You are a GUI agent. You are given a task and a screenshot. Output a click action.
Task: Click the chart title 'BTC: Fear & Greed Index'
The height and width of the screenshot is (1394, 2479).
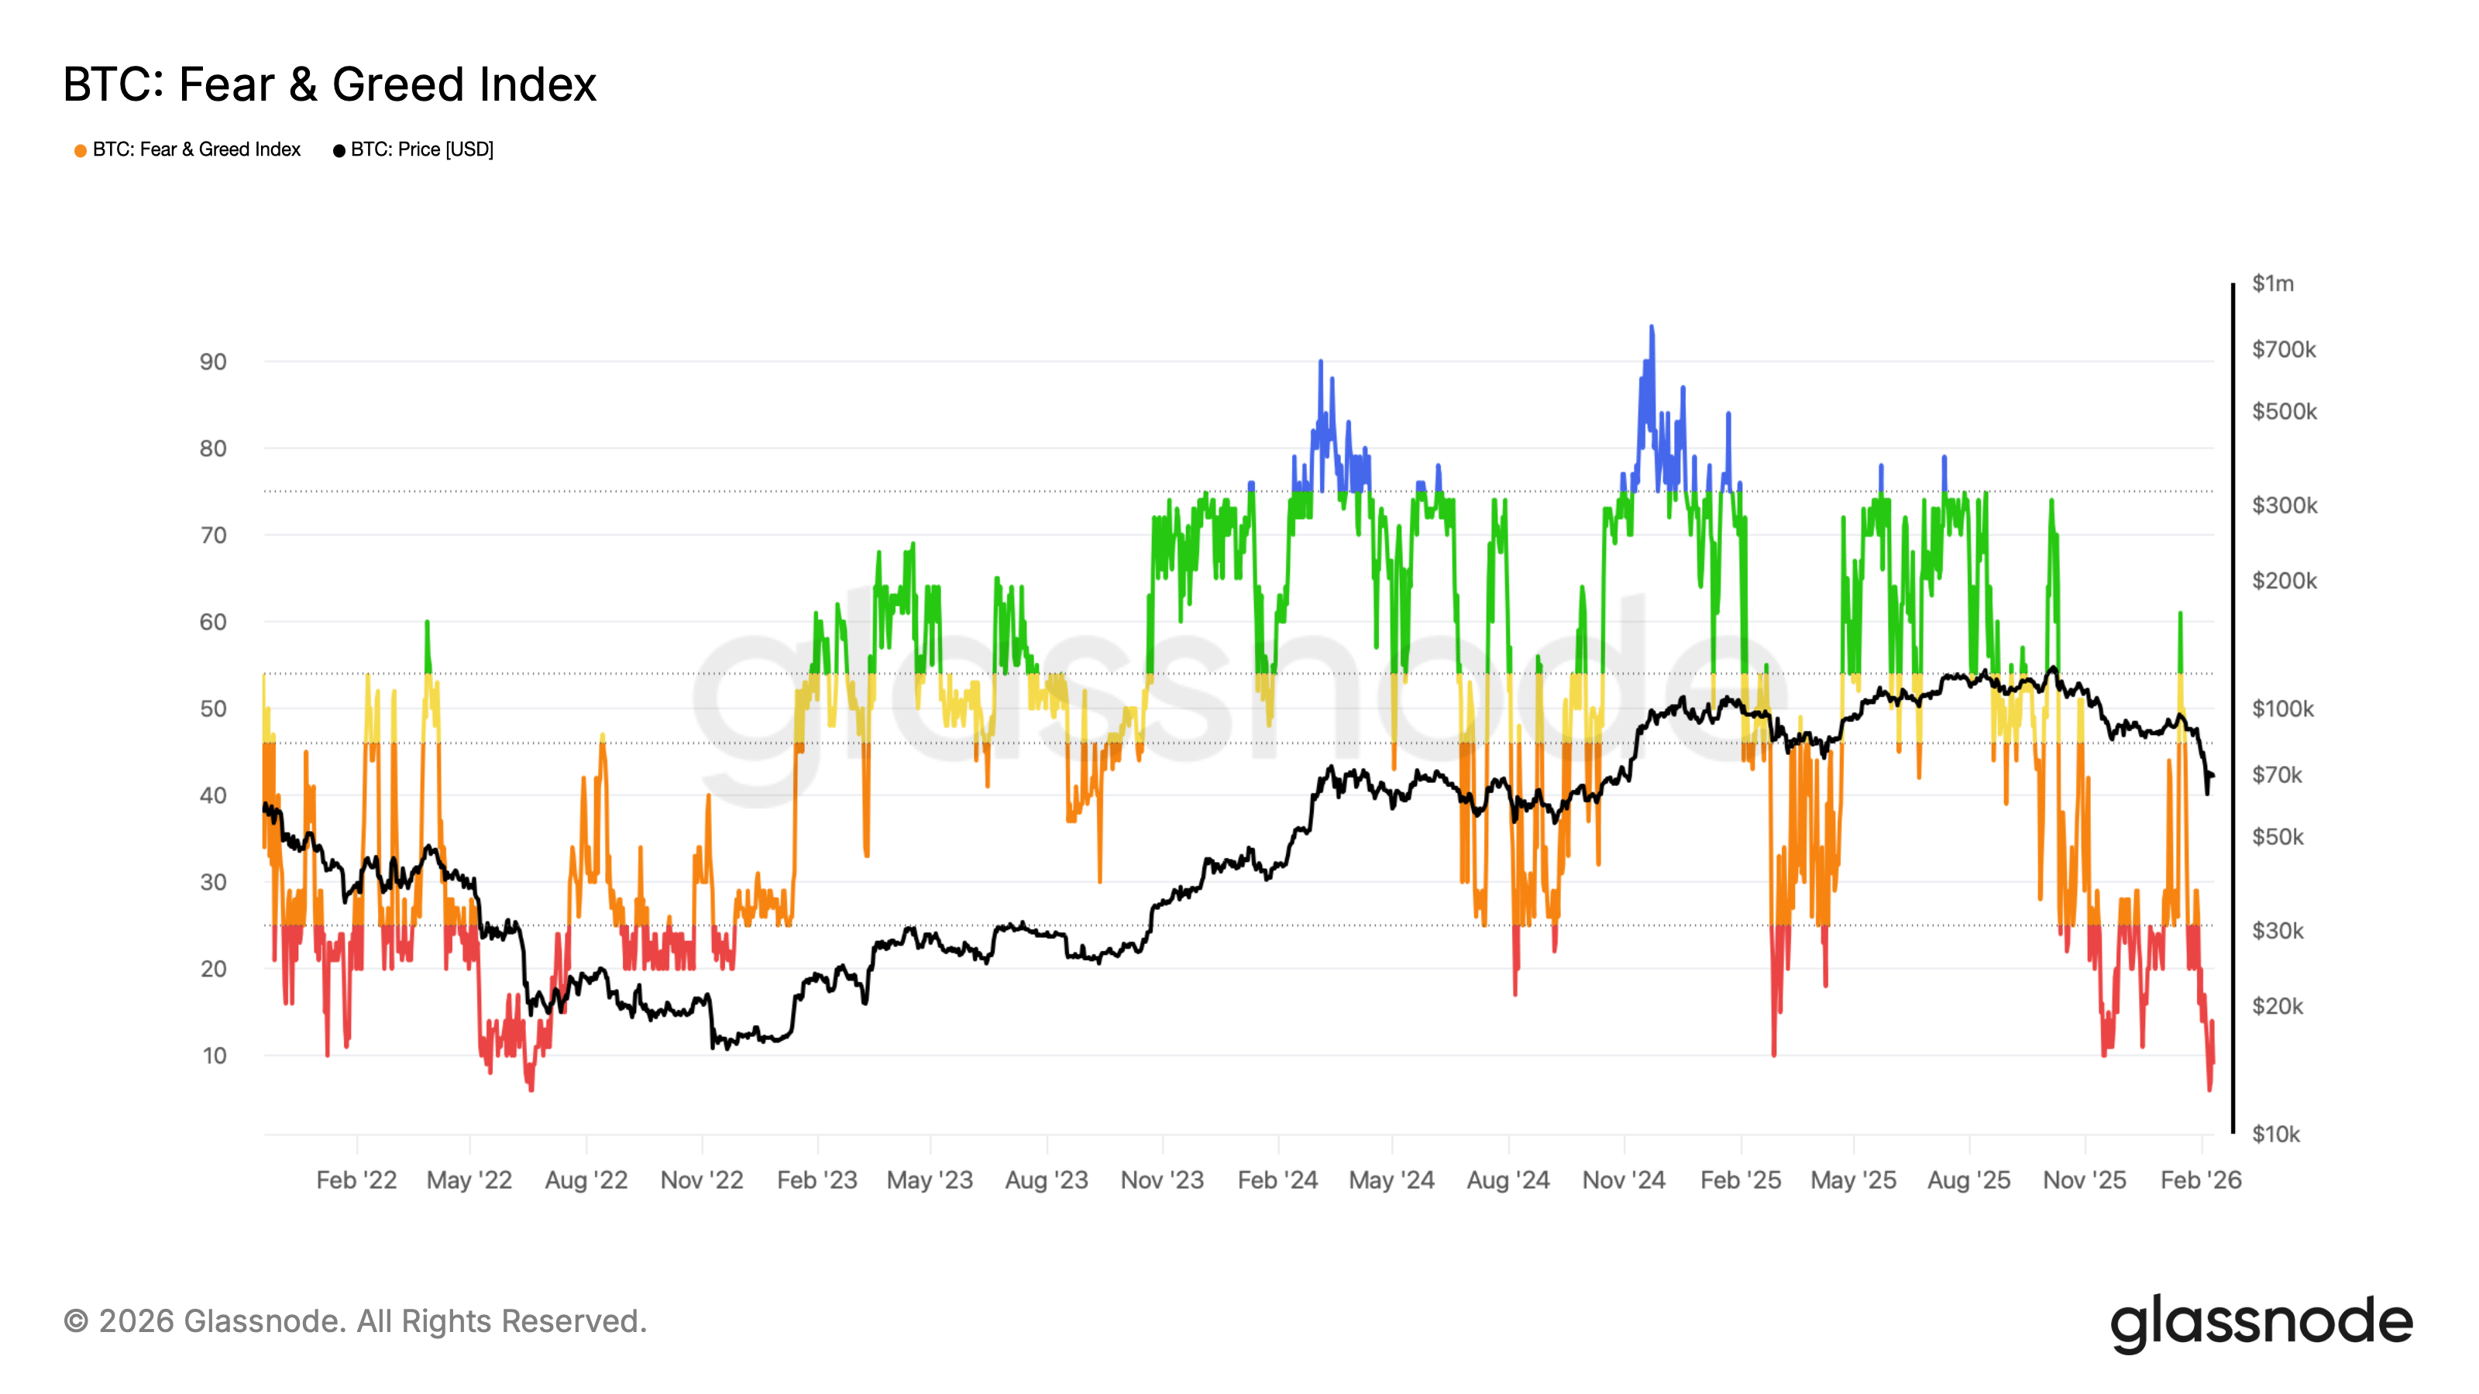point(329,84)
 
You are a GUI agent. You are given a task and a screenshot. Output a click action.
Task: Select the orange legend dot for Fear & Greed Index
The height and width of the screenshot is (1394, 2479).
point(81,150)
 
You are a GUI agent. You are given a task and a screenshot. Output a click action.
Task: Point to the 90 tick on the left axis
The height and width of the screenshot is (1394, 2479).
point(213,362)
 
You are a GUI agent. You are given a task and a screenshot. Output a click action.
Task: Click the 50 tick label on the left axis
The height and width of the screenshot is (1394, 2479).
point(213,709)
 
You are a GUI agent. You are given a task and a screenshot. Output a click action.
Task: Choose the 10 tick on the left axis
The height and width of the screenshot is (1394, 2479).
point(214,1056)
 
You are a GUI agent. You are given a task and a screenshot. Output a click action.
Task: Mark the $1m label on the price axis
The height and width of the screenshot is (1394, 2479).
point(2272,283)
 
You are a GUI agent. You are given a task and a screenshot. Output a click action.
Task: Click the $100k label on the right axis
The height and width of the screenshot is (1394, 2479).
point(2283,709)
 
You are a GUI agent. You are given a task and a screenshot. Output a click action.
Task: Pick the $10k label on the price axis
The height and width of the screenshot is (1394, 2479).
point(2276,1135)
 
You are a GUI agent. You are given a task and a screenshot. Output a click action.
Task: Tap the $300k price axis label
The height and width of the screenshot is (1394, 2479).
point(2284,505)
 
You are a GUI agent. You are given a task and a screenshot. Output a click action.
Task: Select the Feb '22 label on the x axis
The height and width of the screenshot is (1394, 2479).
point(356,1179)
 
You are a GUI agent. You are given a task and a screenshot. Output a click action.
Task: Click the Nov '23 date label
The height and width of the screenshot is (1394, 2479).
point(1161,1179)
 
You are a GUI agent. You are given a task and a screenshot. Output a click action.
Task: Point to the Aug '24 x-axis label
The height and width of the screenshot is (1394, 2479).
point(1508,1179)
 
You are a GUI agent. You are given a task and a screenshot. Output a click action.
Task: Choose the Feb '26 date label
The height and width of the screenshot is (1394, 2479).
point(2200,1179)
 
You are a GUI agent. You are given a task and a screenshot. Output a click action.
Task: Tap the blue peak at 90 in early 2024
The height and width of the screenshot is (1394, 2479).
point(1320,362)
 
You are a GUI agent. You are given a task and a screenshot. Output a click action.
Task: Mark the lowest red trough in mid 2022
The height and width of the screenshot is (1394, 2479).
point(530,1089)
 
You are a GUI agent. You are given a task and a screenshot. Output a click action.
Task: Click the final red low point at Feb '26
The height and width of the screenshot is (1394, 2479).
point(2209,1089)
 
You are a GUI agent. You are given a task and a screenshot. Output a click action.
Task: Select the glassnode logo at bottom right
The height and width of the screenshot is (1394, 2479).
point(2261,1323)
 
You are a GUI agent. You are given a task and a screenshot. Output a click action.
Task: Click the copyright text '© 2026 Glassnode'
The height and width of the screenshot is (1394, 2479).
point(354,1321)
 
